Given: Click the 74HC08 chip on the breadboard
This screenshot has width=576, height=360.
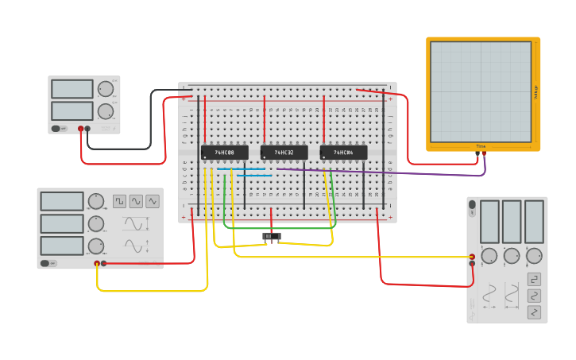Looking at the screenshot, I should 224,153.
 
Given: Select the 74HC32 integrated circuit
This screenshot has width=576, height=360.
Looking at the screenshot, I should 284,153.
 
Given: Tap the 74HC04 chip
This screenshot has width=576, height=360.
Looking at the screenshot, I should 343,153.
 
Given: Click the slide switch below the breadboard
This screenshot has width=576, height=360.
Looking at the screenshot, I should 272,237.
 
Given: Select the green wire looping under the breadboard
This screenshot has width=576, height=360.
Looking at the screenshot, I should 278,228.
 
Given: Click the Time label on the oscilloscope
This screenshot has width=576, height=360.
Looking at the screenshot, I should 481,146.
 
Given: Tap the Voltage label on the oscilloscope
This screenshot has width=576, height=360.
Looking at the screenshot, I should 535,92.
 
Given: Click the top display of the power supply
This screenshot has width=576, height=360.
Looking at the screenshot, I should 72,88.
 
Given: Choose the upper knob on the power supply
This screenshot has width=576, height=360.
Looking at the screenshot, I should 105,88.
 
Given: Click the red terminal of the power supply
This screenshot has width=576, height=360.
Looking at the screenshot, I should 80,129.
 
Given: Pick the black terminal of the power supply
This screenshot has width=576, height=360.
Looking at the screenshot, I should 87,129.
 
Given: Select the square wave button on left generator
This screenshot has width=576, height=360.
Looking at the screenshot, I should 119,201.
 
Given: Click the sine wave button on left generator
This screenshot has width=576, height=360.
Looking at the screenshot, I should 136,201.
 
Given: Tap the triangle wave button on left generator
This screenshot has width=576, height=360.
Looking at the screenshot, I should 153,201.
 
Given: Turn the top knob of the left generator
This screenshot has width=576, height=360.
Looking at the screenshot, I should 96,201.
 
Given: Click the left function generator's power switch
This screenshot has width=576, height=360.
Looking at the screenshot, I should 45,263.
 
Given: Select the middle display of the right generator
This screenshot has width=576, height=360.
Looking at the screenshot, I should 512,221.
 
